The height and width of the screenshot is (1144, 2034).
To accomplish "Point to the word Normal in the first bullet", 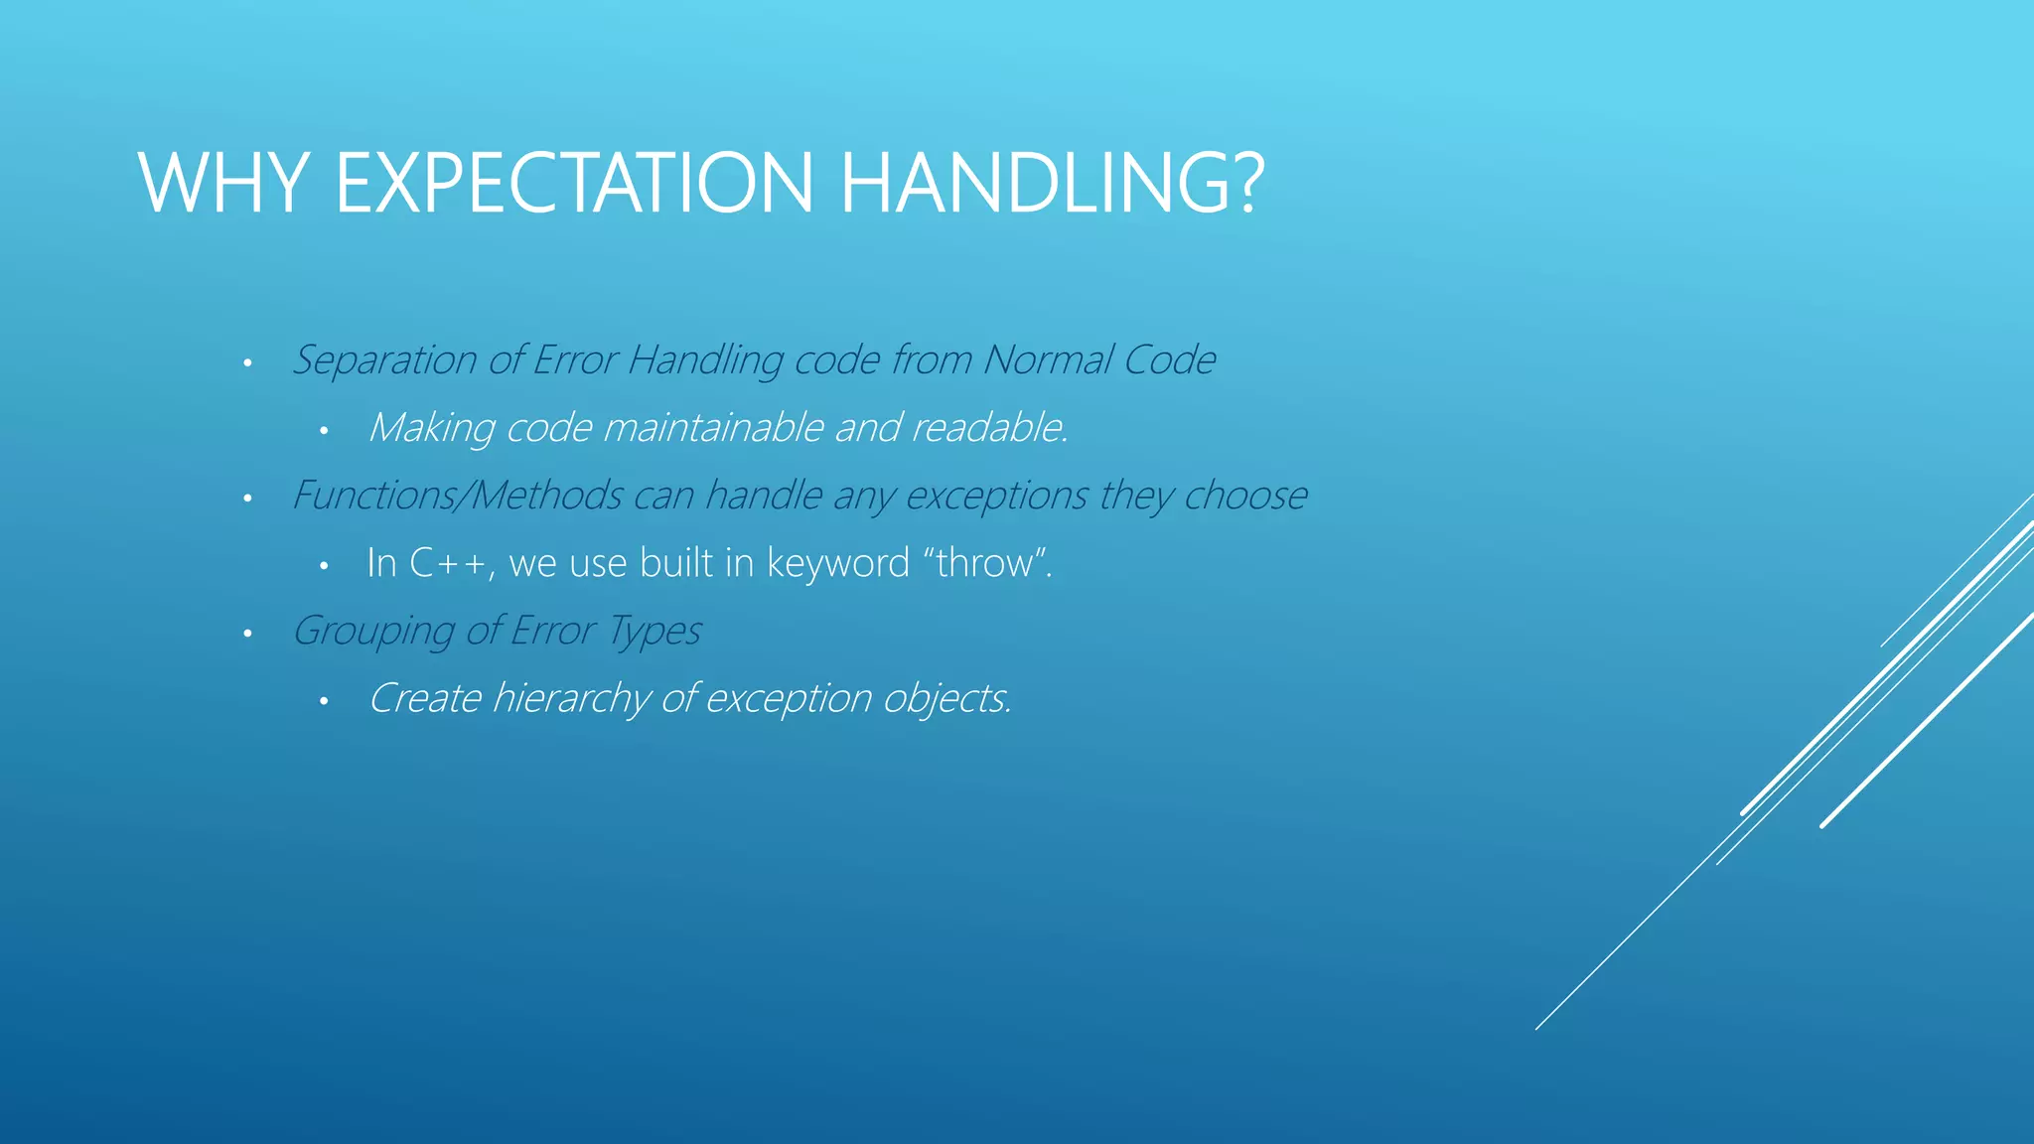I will [1048, 359].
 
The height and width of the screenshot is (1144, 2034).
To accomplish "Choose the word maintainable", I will [713, 428].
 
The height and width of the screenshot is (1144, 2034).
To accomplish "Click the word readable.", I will [989, 428].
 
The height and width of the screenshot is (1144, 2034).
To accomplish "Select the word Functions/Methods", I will [457, 496].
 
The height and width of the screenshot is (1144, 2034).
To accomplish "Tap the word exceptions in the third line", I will [997, 496].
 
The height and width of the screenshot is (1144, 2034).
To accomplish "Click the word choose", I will [1245, 496].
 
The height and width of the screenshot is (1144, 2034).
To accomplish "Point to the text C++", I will [449, 563].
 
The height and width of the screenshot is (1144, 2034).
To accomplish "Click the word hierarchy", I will [571, 698].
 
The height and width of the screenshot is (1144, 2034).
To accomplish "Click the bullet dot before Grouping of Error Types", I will [247, 634].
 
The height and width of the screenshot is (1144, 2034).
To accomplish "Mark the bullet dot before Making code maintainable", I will [323, 431].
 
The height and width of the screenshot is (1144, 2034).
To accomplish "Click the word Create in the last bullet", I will [425, 698].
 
